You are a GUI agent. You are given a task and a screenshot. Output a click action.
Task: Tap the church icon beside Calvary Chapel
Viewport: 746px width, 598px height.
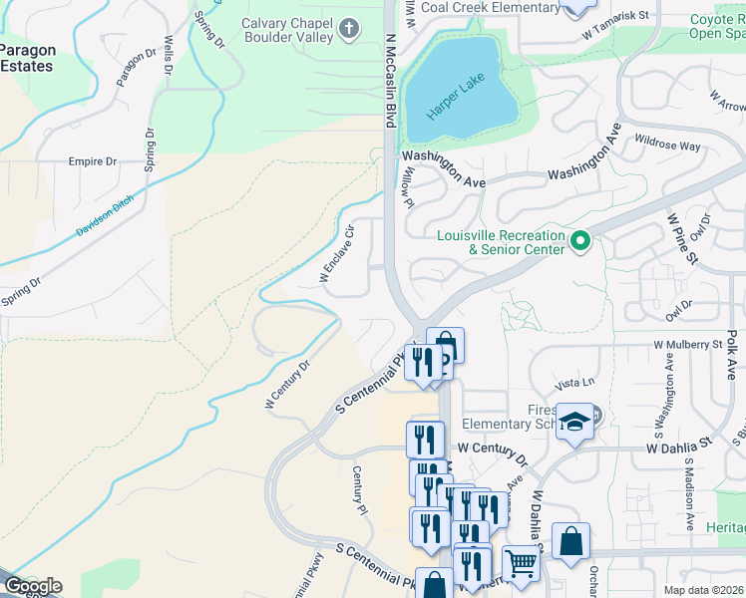pos(348,29)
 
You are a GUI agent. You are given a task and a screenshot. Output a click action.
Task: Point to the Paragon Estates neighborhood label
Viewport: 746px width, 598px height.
pos(28,58)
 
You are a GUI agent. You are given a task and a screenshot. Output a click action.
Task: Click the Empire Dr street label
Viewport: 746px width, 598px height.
pos(92,161)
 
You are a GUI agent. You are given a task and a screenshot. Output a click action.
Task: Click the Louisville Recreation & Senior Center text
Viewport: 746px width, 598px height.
pos(501,242)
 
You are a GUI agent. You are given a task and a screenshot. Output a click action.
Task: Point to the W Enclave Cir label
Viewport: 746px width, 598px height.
pos(337,256)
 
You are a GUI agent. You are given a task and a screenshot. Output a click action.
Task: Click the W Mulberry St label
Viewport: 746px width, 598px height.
pos(687,345)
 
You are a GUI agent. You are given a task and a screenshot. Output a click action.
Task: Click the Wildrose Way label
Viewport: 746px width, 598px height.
pos(667,146)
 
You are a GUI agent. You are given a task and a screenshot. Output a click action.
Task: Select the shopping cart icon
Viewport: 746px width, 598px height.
pos(521,563)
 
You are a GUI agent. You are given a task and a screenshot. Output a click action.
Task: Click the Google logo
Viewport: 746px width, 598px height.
pos(32,586)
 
